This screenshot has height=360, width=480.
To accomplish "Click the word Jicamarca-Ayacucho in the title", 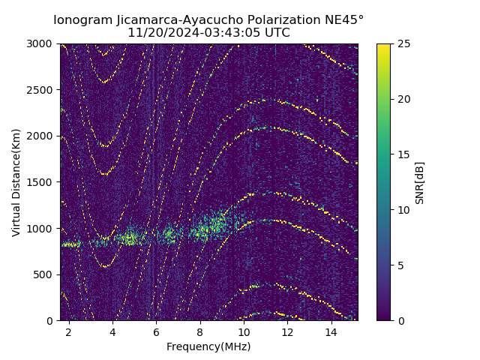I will [x=175, y=19].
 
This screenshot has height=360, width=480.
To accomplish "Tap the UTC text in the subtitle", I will [x=276, y=33].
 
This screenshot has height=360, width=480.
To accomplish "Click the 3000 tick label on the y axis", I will [x=42, y=43].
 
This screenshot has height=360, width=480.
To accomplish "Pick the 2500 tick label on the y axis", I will [x=42, y=90].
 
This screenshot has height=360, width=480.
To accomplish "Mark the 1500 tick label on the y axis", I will [x=42, y=182].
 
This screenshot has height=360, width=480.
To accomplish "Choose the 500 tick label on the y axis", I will [x=45, y=274].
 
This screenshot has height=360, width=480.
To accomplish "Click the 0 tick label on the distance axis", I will [x=52, y=321].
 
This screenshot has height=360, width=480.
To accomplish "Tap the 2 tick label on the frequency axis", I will [x=69, y=332].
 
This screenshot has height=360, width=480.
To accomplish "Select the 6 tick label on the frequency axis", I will [x=156, y=332].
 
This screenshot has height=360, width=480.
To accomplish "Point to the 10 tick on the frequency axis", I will [x=244, y=332].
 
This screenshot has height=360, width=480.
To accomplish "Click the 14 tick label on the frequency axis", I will [x=331, y=332].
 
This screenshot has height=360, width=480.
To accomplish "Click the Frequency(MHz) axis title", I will [x=208, y=346].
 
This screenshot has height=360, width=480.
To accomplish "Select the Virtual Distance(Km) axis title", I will [x=16, y=182].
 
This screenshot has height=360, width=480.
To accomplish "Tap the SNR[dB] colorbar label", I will [x=420, y=182].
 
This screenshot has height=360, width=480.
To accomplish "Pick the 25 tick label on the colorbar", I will [x=403, y=43].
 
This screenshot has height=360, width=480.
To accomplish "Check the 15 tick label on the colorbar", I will [x=403, y=154].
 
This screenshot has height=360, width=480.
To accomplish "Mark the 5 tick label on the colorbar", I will [x=400, y=265].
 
